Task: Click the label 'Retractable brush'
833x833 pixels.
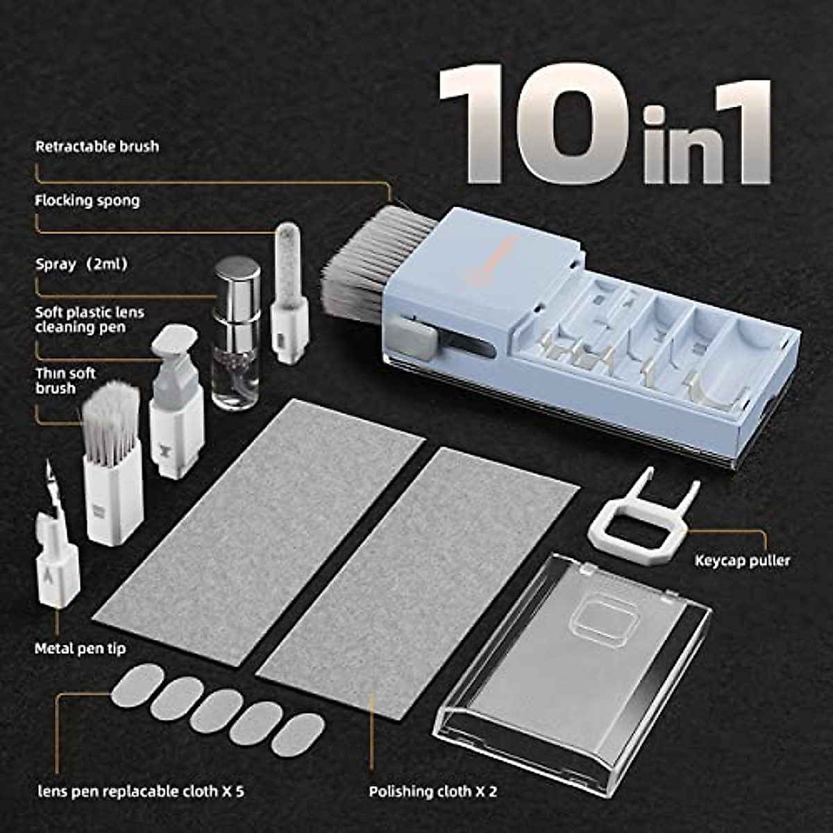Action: [x=97, y=146]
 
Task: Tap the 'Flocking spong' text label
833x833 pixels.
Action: [x=87, y=201]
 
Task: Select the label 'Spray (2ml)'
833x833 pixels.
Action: [x=82, y=264]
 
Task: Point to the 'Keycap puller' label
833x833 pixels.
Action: [x=742, y=560]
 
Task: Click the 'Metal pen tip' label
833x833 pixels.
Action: [x=81, y=648]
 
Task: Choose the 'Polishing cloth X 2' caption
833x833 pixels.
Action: [x=432, y=791]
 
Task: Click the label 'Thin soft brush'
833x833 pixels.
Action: [x=65, y=381]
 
